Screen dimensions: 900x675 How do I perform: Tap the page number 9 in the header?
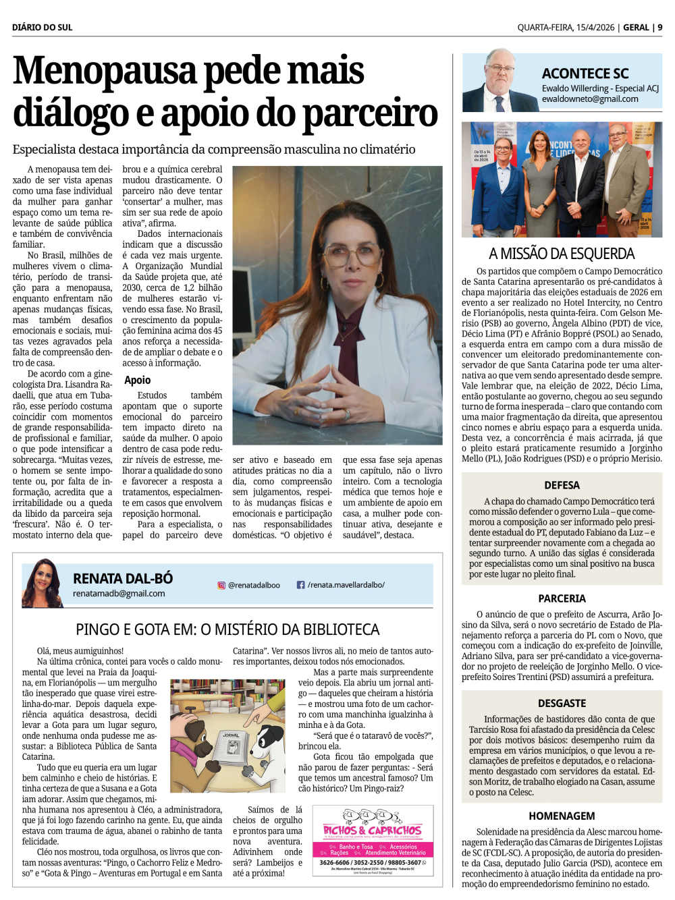660,28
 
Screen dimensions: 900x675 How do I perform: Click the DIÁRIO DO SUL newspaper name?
42,28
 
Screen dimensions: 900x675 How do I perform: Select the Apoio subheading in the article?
137,381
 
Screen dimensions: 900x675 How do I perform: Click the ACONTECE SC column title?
585,74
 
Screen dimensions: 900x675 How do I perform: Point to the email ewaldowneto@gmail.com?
589,99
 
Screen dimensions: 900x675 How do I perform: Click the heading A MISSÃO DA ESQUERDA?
562,254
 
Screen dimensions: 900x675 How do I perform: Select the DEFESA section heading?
562,485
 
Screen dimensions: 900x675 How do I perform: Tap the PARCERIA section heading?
562,598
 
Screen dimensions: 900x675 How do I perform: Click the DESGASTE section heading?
562,703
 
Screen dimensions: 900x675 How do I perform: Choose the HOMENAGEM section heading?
562,816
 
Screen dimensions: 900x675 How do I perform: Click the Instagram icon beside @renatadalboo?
221,586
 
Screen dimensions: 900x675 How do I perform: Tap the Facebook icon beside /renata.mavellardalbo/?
301,585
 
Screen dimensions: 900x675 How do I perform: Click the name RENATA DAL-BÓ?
123,578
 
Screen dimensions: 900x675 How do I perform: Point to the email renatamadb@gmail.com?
119,594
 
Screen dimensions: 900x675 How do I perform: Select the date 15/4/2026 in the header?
595,28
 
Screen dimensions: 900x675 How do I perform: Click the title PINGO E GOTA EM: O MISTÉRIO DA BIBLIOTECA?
227,629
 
